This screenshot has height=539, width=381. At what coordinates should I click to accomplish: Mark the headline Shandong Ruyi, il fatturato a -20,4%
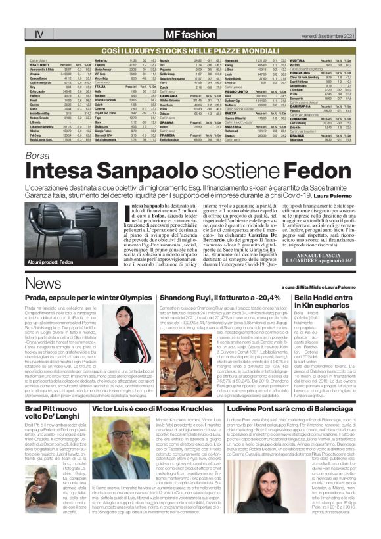pos(215,298)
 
